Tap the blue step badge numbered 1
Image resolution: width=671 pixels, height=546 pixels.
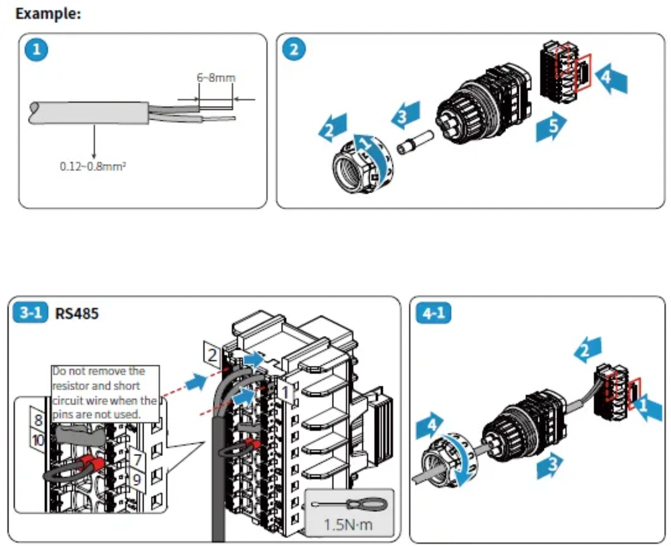click(36, 50)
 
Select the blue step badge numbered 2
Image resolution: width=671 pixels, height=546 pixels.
click(294, 50)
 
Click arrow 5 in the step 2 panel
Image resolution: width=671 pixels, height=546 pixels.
click(551, 128)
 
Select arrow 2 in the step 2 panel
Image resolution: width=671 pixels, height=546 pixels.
click(332, 127)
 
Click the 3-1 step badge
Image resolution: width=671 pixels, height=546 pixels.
click(32, 313)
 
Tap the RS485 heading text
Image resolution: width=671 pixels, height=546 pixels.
click(77, 313)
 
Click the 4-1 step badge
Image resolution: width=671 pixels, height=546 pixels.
click(433, 313)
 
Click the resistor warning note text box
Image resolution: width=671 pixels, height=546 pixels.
click(104, 393)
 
